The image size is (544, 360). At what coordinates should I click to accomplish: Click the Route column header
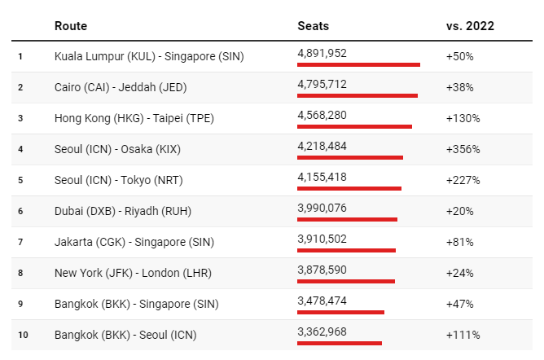71,26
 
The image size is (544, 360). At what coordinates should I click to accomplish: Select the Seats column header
314,26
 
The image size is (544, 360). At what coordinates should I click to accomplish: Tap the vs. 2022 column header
470,26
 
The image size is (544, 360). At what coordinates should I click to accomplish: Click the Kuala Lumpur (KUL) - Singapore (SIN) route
149,56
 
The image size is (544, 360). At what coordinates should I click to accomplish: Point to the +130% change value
463,118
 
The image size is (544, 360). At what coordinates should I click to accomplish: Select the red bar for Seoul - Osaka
350,157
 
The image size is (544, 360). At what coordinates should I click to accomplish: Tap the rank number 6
20,211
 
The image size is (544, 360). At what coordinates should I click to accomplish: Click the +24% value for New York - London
460,273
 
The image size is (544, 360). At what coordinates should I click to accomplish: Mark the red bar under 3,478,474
340,312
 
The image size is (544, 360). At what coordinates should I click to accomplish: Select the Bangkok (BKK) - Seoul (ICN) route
125,335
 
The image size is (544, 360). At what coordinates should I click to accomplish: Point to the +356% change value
463,149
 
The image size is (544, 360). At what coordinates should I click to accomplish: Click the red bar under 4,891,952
358,64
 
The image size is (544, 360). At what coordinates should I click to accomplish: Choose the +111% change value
463,335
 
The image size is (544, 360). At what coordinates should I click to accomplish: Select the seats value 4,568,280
322,115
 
